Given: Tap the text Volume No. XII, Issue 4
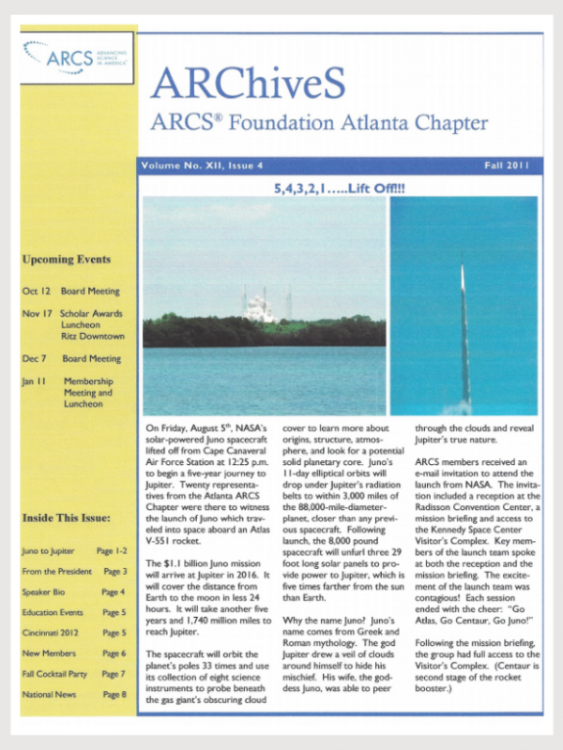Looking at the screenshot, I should pyautogui.click(x=202, y=166).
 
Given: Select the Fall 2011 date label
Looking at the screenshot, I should pyautogui.click(x=506, y=166).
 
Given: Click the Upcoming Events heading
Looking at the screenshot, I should pyautogui.click(x=66, y=260).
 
